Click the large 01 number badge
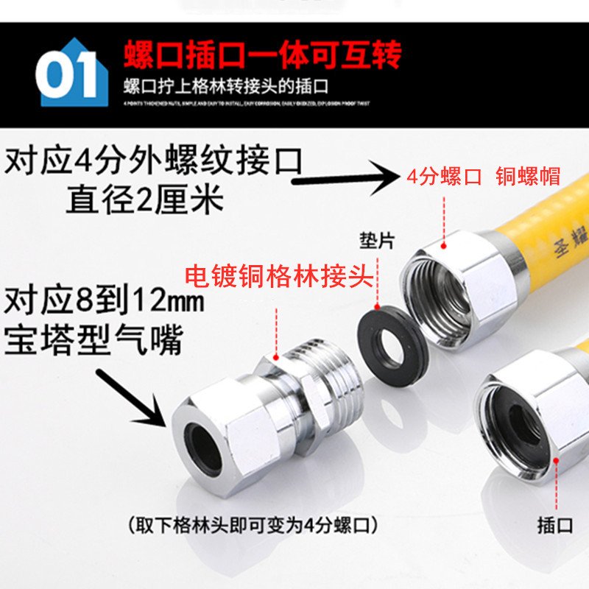tap(69, 77)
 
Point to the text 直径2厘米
tap(144, 199)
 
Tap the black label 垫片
tap(378, 240)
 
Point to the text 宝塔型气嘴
tap(93, 341)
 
